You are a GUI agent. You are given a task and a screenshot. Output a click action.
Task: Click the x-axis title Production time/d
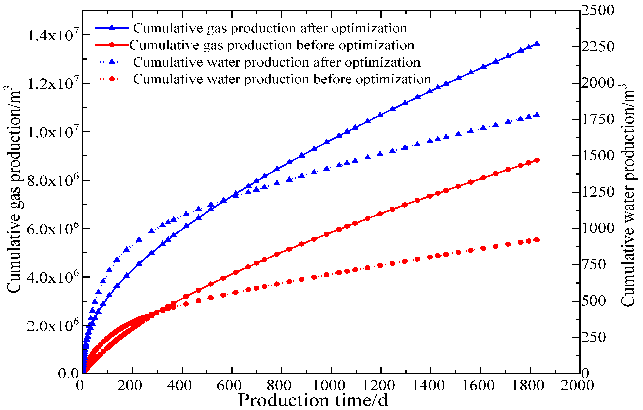pyautogui.click(x=313, y=400)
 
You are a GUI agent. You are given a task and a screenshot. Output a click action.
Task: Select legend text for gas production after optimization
pyautogui.click(x=270, y=28)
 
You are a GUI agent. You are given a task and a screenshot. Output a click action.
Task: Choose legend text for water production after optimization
pyautogui.click(x=277, y=62)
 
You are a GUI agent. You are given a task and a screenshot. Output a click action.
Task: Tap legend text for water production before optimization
pyautogui.click(x=282, y=79)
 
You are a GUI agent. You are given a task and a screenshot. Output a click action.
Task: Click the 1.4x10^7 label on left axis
pyautogui.click(x=53, y=35)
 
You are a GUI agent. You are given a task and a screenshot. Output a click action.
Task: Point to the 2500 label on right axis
pyautogui.click(x=598, y=11)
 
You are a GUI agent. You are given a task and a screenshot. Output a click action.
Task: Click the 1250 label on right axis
pyautogui.click(x=598, y=192)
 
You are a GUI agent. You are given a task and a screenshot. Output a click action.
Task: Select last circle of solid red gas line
pyautogui.click(x=537, y=160)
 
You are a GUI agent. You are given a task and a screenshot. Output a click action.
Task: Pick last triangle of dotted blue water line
pyautogui.click(x=537, y=115)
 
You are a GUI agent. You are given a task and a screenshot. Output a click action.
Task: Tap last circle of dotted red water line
pyautogui.click(x=537, y=240)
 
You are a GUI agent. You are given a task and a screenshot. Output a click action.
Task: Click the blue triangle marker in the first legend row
pyautogui.click(x=112, y=27)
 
